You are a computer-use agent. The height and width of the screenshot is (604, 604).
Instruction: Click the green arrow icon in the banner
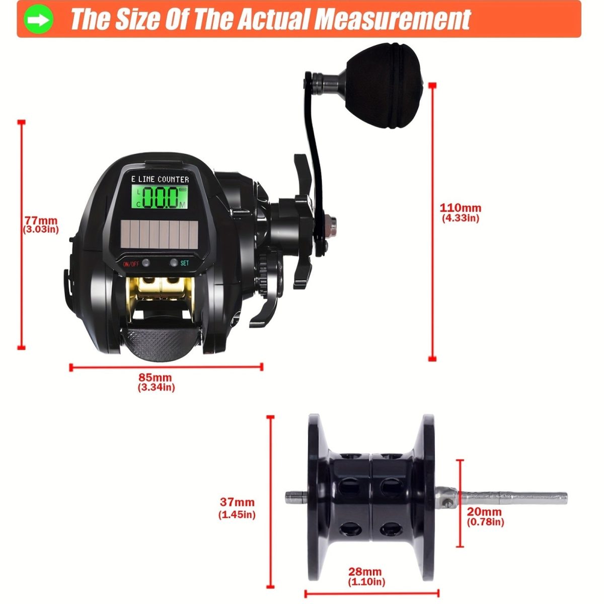39,20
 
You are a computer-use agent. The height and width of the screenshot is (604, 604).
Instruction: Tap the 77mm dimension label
41,220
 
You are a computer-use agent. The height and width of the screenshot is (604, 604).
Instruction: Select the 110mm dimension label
460,207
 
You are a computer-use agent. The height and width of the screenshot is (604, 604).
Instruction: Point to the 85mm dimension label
156,377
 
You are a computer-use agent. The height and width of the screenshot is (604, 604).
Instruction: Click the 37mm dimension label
237,502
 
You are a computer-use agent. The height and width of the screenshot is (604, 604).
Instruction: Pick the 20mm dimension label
485,512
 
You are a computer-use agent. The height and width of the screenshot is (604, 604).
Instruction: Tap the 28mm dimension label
365,572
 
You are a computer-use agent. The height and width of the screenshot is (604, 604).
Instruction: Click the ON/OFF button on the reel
145,263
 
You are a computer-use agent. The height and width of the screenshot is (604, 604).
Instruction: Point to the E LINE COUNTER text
160,179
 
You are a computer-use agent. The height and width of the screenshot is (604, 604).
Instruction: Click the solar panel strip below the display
159,235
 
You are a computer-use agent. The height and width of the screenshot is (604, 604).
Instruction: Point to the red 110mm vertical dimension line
432,221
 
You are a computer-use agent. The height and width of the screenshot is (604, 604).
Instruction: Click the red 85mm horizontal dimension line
166,367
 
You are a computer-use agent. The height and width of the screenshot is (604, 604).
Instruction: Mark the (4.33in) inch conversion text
460,218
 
